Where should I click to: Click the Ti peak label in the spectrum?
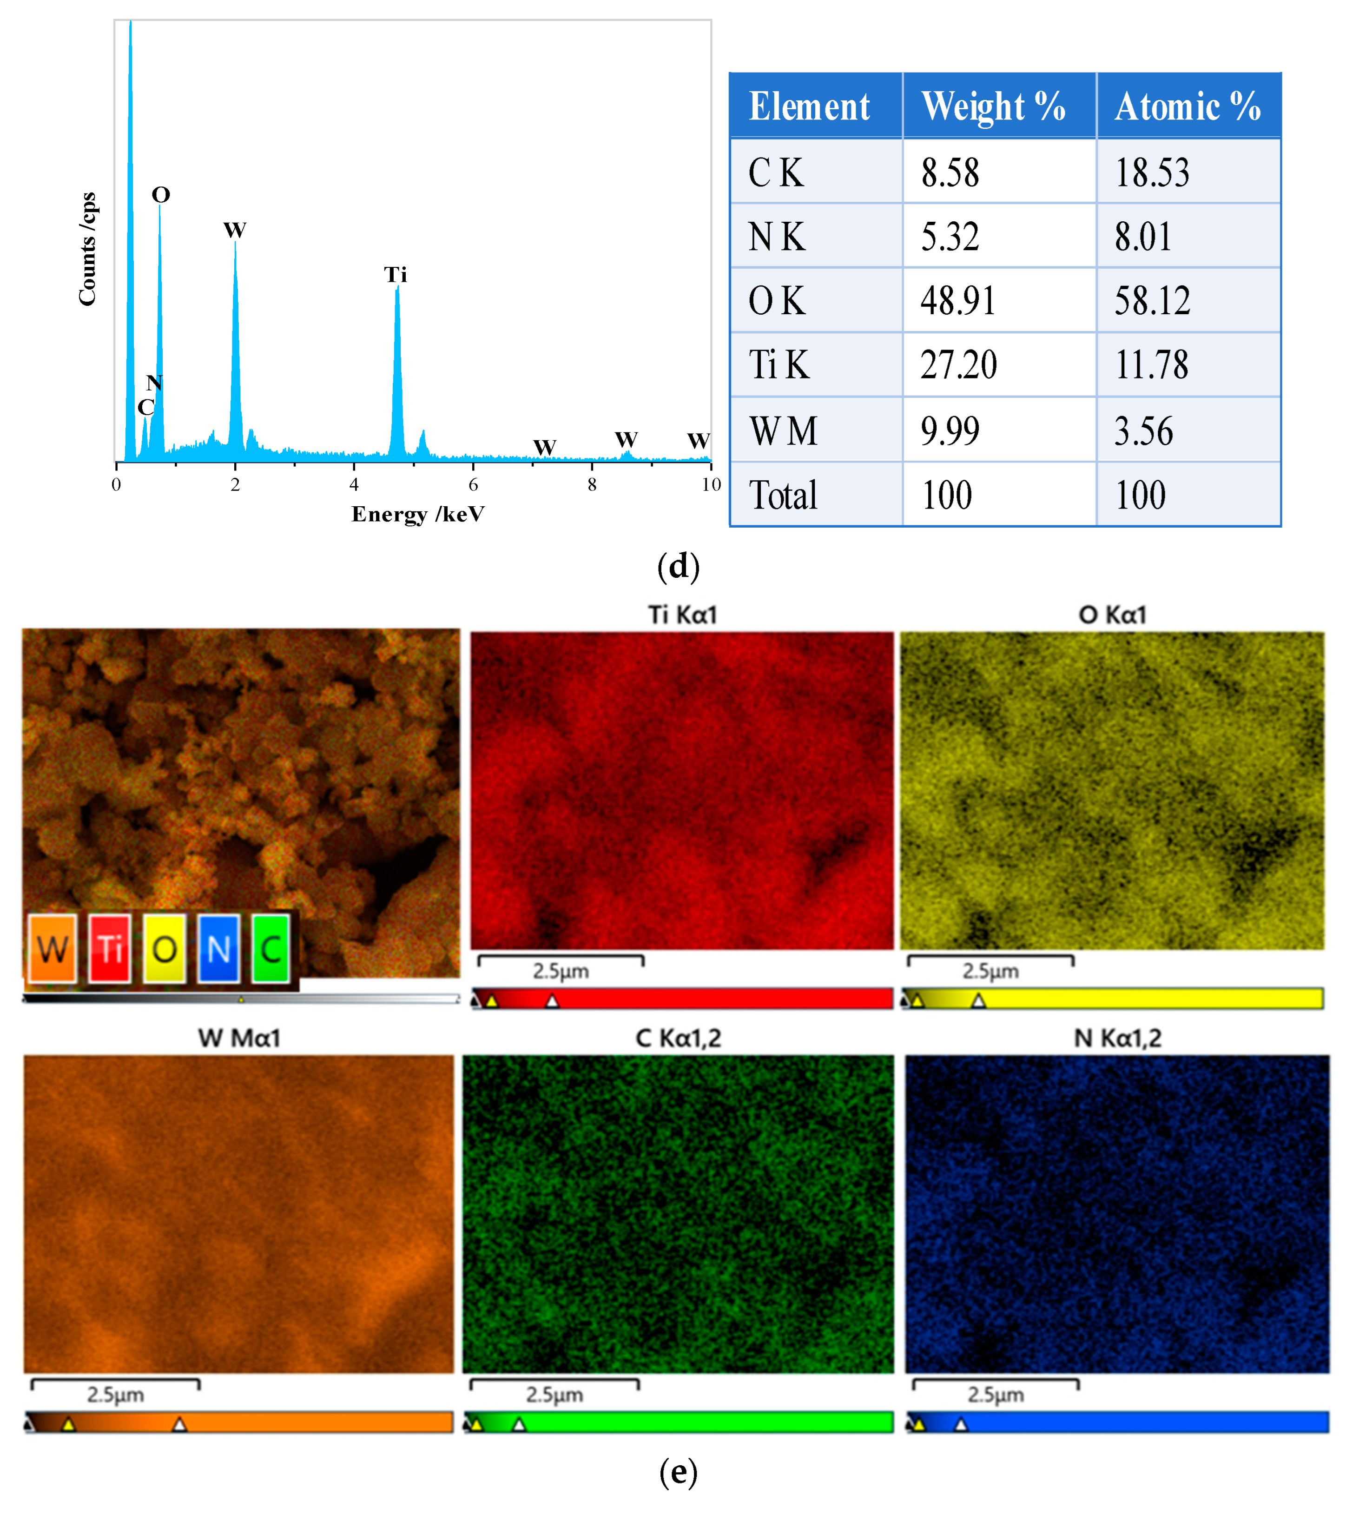[395, 275]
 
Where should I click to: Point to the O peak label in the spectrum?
[161, 195]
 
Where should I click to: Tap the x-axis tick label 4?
[354, 485]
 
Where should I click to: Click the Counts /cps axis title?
[87, 249]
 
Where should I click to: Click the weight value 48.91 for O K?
[957, 301]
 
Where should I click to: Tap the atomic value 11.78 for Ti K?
[1152, 364]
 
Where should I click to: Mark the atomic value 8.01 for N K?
[1143, 237]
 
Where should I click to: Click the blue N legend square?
[218, 948]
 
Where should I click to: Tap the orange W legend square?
[53, 948]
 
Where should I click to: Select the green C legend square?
[271, 948]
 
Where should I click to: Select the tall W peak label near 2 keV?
[235, 230]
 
